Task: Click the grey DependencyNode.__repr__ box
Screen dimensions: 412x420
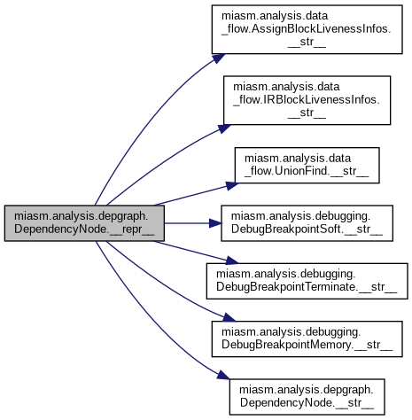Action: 84,223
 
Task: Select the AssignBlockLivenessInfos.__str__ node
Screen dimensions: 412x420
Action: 307,29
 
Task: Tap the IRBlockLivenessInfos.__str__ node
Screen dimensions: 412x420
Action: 307,100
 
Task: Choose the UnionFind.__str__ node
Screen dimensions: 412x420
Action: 307,165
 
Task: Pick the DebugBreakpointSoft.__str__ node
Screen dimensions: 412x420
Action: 307,223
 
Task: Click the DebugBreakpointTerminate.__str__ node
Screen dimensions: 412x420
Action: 307,281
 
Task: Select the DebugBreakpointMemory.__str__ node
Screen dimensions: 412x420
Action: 307,338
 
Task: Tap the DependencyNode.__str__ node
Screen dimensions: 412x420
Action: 307,397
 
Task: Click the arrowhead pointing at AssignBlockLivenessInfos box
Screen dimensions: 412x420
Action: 219,58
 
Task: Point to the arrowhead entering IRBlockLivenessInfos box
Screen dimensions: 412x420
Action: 224,128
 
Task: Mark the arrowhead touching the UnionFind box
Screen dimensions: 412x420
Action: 232,185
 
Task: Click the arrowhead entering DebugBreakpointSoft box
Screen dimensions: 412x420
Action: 215,223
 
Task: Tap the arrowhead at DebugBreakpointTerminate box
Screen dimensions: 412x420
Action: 232,261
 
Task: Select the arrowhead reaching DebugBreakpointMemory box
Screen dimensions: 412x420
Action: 229,318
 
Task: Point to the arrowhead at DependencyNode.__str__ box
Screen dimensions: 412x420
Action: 223,375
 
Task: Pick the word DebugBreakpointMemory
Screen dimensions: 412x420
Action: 286,345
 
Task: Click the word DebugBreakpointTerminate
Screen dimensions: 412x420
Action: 285,287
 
